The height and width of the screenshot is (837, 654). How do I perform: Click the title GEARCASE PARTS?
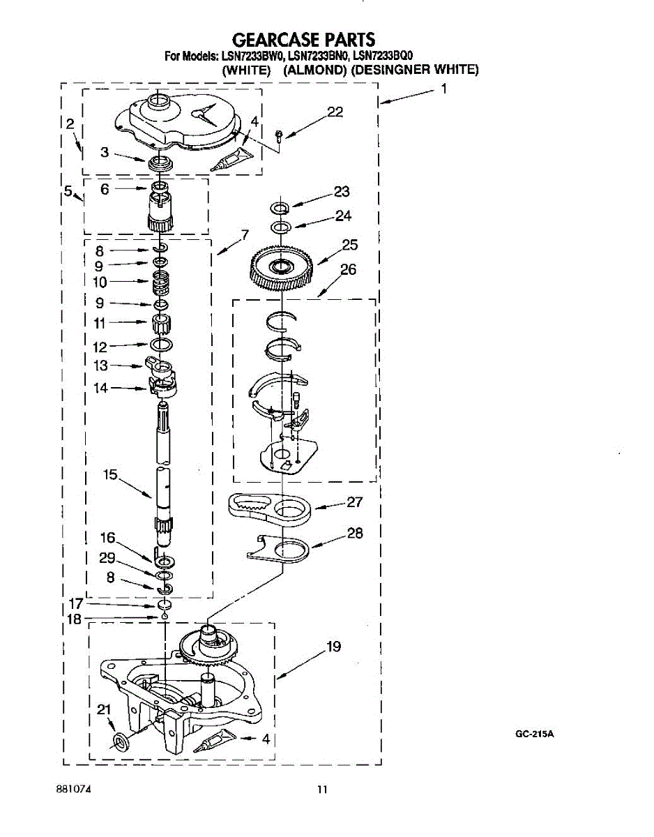point(303,39)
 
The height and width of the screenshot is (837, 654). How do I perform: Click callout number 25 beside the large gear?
point(349,244)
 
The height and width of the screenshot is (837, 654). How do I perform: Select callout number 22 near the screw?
point(335,112)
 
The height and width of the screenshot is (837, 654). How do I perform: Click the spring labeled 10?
point(162,282)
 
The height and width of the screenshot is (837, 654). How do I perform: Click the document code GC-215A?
point(535,734)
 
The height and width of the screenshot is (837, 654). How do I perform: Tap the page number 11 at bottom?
point(321,790)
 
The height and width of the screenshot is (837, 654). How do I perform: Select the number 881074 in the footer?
point(74,790)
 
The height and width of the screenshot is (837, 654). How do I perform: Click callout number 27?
point(354,502)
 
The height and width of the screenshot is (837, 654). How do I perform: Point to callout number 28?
point(354,534)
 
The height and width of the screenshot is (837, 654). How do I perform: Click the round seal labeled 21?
point(120,740)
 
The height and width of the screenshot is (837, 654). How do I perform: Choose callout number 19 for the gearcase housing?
point(333,647)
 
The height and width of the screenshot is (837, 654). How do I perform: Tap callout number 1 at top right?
point(443,89)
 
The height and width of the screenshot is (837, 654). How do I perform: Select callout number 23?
point(342,192)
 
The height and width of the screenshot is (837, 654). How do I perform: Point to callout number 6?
point(105,188)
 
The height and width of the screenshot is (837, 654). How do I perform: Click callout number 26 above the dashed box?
point(348,269)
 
